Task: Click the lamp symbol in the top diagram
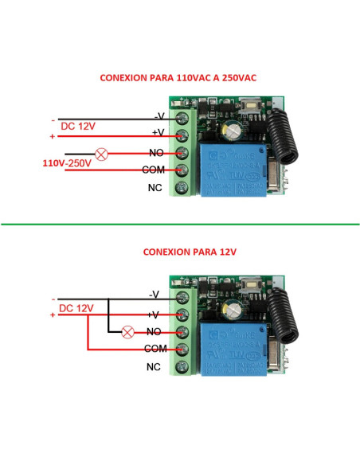[x=102, y=153]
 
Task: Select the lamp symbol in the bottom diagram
[x=125, y=332]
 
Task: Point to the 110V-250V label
[x=66, y=162]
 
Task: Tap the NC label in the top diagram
[x=156, y=188]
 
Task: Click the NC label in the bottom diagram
[x=156, y=367]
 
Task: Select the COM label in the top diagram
[x=153, y=170]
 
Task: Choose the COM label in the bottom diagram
[x=155, y=349]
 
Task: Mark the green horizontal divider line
[x=180, y=224]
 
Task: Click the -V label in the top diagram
[x=158, y=116]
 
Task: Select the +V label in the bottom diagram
[x=157, y=315]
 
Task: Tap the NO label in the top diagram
[x=156, y=152]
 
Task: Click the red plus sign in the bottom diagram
[x=53, y=315]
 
